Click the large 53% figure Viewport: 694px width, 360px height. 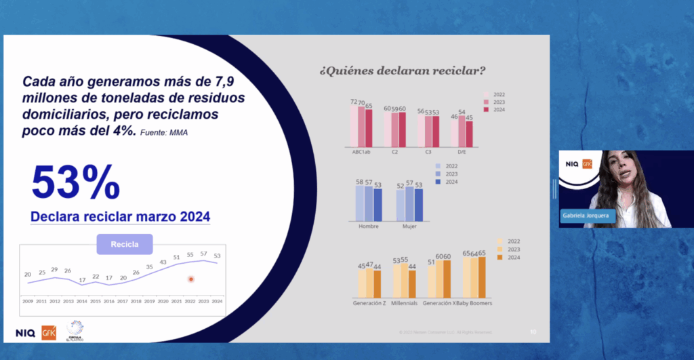click(75, 181)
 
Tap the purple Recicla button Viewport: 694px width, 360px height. click(125, 244)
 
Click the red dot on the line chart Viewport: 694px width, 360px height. click(191, 279)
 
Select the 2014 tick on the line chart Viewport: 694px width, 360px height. click(81, 300)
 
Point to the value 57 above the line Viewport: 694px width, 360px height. click(203, 253)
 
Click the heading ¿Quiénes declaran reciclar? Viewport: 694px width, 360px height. click(401, 70)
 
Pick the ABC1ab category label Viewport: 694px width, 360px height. click(361, 152)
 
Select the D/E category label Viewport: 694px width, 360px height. click(461, 152)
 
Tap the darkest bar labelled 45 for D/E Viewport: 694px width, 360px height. click(469, 134)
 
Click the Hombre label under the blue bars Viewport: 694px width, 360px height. click(368, 226)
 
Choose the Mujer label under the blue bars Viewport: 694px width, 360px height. click(409, 226)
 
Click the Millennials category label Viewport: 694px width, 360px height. click(404, 303)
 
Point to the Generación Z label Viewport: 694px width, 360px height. click(369, 303)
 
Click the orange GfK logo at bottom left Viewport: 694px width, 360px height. click(49, 332)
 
